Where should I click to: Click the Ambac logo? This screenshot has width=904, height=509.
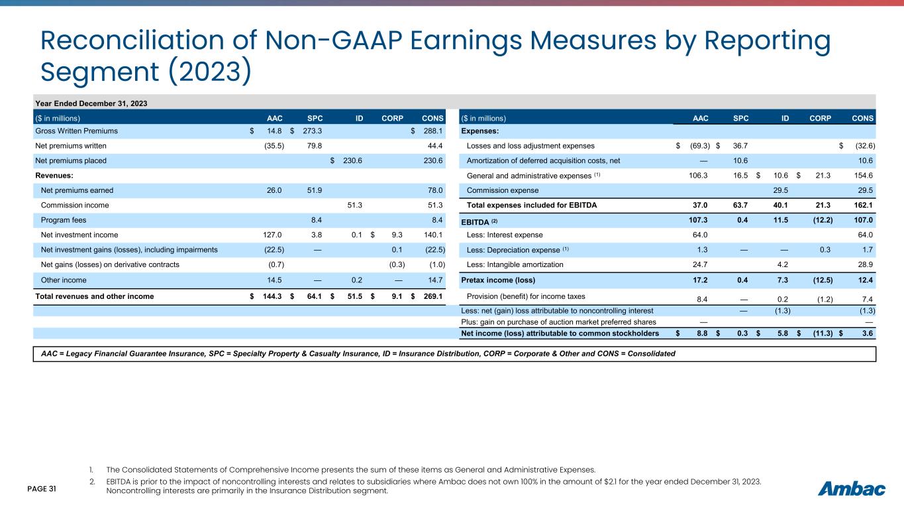[852, 489]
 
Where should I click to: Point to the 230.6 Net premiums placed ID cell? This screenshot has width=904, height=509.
[352, 160]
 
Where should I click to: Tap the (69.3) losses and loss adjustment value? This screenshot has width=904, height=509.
[698, 146]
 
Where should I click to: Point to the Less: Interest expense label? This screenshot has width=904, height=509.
[505, 234]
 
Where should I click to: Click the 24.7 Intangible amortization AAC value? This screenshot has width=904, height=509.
[703, 264]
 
